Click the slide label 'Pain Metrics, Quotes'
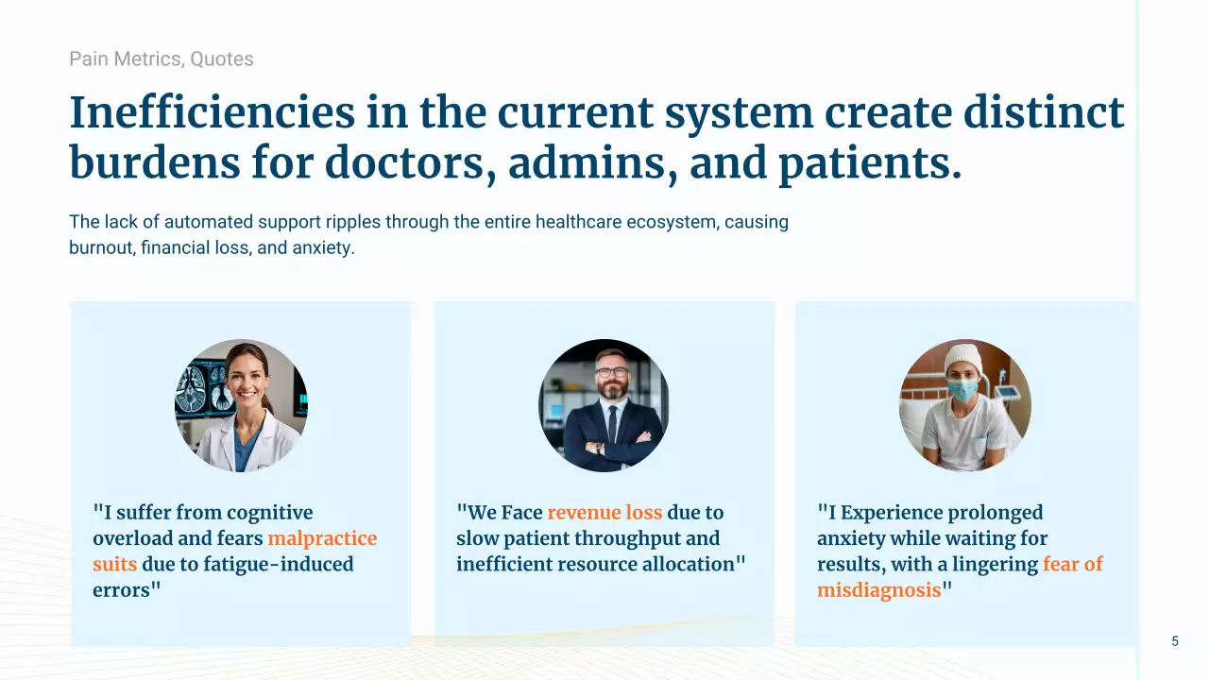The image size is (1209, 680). click(162, 59)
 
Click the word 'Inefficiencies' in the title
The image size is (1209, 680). click(213, 112)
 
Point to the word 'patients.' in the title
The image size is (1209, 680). click(870, 163)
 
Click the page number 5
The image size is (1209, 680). click(1175, 641)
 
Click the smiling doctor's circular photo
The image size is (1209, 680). click(241, 405)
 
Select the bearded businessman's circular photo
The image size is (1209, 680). click(604, 405)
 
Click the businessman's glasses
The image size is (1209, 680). click(612, 372)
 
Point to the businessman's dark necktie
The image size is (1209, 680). click(613, 425)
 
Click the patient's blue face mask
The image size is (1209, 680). click(962, 390)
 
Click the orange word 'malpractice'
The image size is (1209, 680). click(322, 538)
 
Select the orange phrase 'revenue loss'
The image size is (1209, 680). click(604, 513)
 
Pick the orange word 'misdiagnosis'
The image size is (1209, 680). click(878, 590)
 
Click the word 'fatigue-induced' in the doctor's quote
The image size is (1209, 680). click(279, 565)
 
